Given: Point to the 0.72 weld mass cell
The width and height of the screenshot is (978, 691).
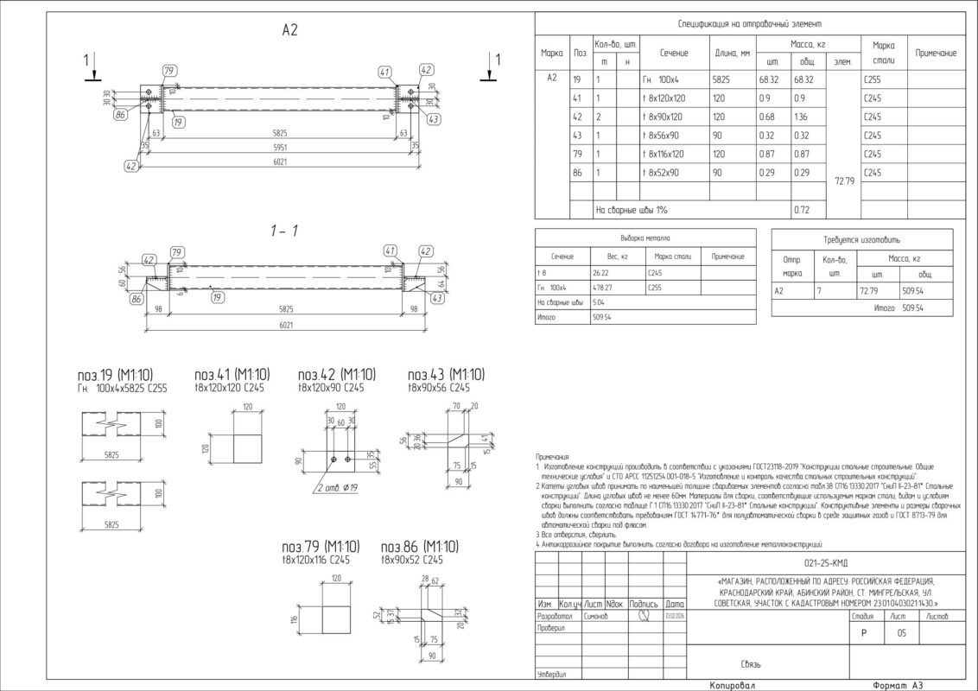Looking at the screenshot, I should pyautogui.click(x=801, y=210).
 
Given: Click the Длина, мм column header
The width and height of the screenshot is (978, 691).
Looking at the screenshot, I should pyautogui.click(x=732, y=54).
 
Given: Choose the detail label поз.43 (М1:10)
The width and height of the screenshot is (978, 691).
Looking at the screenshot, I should pyautogui.click(x=446, y=374).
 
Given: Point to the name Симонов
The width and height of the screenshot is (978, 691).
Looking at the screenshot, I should pyautogui.click(x=595, y=617).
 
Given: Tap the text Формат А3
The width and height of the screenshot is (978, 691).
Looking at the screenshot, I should pyautogui.click(x=899, y=685).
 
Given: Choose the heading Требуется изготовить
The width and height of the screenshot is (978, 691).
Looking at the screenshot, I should pyautogui.click(x=861, y=238).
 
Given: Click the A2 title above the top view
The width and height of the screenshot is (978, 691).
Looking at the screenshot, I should pyautogui.click(x=289, y=30).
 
